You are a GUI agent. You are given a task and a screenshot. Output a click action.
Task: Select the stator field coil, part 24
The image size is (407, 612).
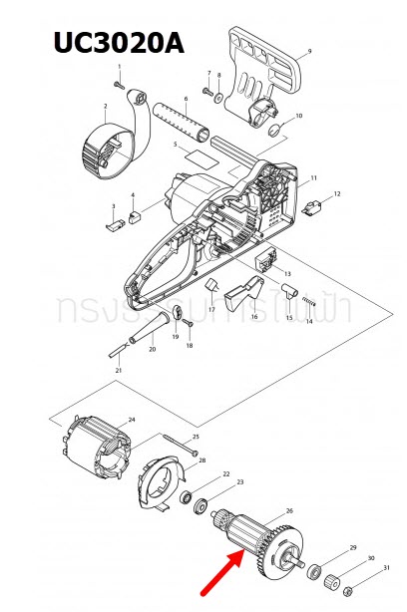(x=99, y=451)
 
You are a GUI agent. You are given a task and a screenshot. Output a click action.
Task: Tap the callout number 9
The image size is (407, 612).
(x=309, y=50)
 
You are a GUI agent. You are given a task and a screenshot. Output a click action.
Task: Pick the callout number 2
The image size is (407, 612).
(x=104, y=107)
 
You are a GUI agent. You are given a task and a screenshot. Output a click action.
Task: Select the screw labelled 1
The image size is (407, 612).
(x=122, y=86)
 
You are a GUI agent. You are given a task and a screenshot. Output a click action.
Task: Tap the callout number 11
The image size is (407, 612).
(x=313, y=178)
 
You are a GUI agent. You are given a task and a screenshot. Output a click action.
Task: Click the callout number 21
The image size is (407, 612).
(x=118, y=371)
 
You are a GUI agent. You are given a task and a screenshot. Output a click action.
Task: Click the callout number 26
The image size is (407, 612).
(x=289, y=511)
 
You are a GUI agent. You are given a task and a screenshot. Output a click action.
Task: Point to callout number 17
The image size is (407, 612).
(x=211, y=311)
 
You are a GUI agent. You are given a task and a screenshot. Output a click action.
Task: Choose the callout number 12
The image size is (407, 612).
(x=337, y=193)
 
